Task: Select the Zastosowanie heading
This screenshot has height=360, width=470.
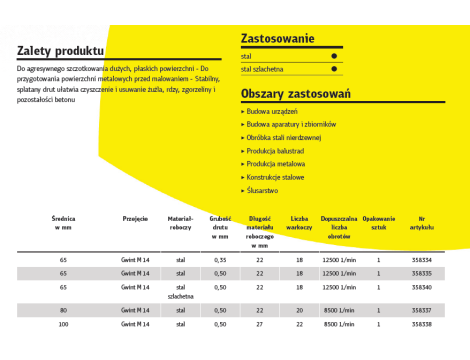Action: pyautogui.click(x=278, y=39)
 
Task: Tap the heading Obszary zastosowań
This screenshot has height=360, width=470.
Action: pyautogui.click(x=295, y=93)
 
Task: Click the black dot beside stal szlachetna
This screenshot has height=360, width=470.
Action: pyautogui.click(x=333, y=70)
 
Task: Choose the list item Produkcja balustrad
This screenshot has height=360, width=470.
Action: pyautogui.click(x=277, y=150)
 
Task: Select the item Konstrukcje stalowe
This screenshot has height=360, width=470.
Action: pyautogui.click(x=277, y=176)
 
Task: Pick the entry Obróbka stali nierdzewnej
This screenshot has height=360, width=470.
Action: pyautogui.click(x=284, y=137)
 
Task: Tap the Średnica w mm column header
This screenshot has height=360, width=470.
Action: pyautogui.click(x=63, y=223)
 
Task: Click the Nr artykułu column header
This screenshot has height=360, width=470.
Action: pyautogui.click(x=423, y=223)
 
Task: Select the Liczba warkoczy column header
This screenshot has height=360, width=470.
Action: pyautogui.click(x=299, y=223)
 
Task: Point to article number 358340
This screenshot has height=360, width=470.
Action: pyautogui.click(x=423, y=286)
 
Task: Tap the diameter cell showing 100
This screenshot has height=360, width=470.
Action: pyautogui.click(x=63, y=325)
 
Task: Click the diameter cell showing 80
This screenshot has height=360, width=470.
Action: pyautogui.click(x=63, y=310)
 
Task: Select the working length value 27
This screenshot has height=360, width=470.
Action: pyautogui.click(x=259, y=325)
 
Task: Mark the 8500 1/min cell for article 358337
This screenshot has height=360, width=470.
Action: pyautogui.click(x=339, y=310)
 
